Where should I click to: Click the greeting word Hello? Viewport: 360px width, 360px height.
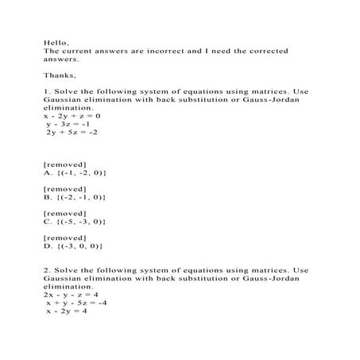[56, 41]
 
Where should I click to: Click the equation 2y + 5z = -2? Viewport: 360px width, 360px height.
[72, 133]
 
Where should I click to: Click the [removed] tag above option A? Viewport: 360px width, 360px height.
[64, 164]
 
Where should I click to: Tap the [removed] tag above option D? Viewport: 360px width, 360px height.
[64, 238]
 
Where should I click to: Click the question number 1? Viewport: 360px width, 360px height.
[47, 91]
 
